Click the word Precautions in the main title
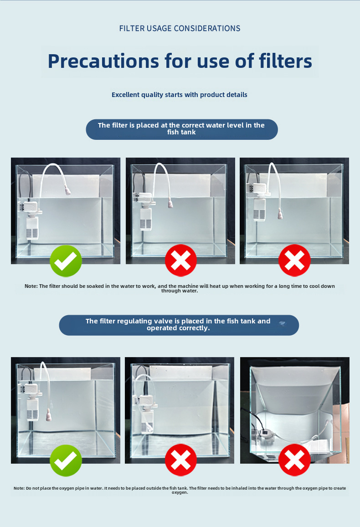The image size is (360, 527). (103, 61)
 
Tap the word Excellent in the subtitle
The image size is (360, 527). (125, 95)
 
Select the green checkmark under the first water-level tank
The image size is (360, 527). (66, 261)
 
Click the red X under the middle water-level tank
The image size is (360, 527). (181, 261)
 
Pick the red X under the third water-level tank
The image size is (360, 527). (294, 261)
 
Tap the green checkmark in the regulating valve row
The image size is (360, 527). (66, 460)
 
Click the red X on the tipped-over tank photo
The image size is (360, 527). (294, 460)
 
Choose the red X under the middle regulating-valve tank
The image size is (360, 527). (181, 460)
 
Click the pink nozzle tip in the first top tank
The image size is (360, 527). (67, 192)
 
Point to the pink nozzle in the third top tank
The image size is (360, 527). (280, 214)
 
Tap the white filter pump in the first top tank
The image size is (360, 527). (31, 220)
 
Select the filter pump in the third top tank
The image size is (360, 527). (259, 202)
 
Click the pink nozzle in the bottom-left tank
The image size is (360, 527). (49, 415)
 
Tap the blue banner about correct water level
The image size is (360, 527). (182, 129)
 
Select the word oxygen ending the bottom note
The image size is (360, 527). (180, 493)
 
